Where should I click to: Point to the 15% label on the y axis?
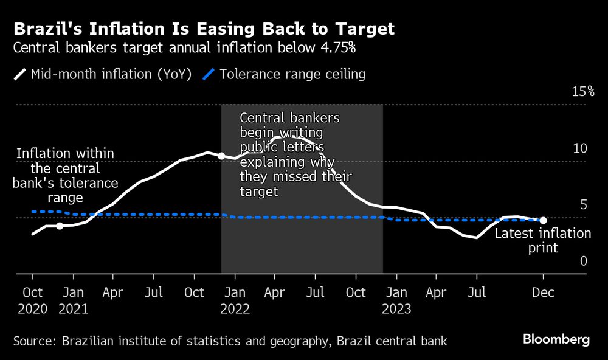click(582, 92)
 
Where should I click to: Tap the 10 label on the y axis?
click(580, 148)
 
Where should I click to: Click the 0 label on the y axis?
click(583, 261)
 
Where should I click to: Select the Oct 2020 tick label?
click(32, 300)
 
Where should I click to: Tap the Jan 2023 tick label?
click(396, 300)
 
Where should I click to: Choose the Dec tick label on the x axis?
click(543, 292)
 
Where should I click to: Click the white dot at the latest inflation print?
click(543, 220)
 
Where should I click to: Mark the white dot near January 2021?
click(60, 226)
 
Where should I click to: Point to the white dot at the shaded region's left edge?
click(221, 156)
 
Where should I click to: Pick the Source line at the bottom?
click(230, 341)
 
